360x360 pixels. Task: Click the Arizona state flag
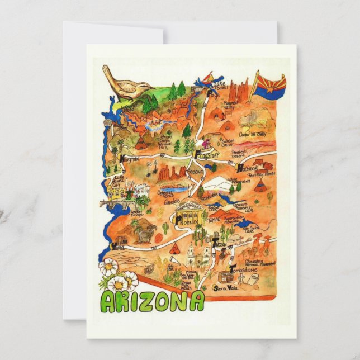click(271, 84)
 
